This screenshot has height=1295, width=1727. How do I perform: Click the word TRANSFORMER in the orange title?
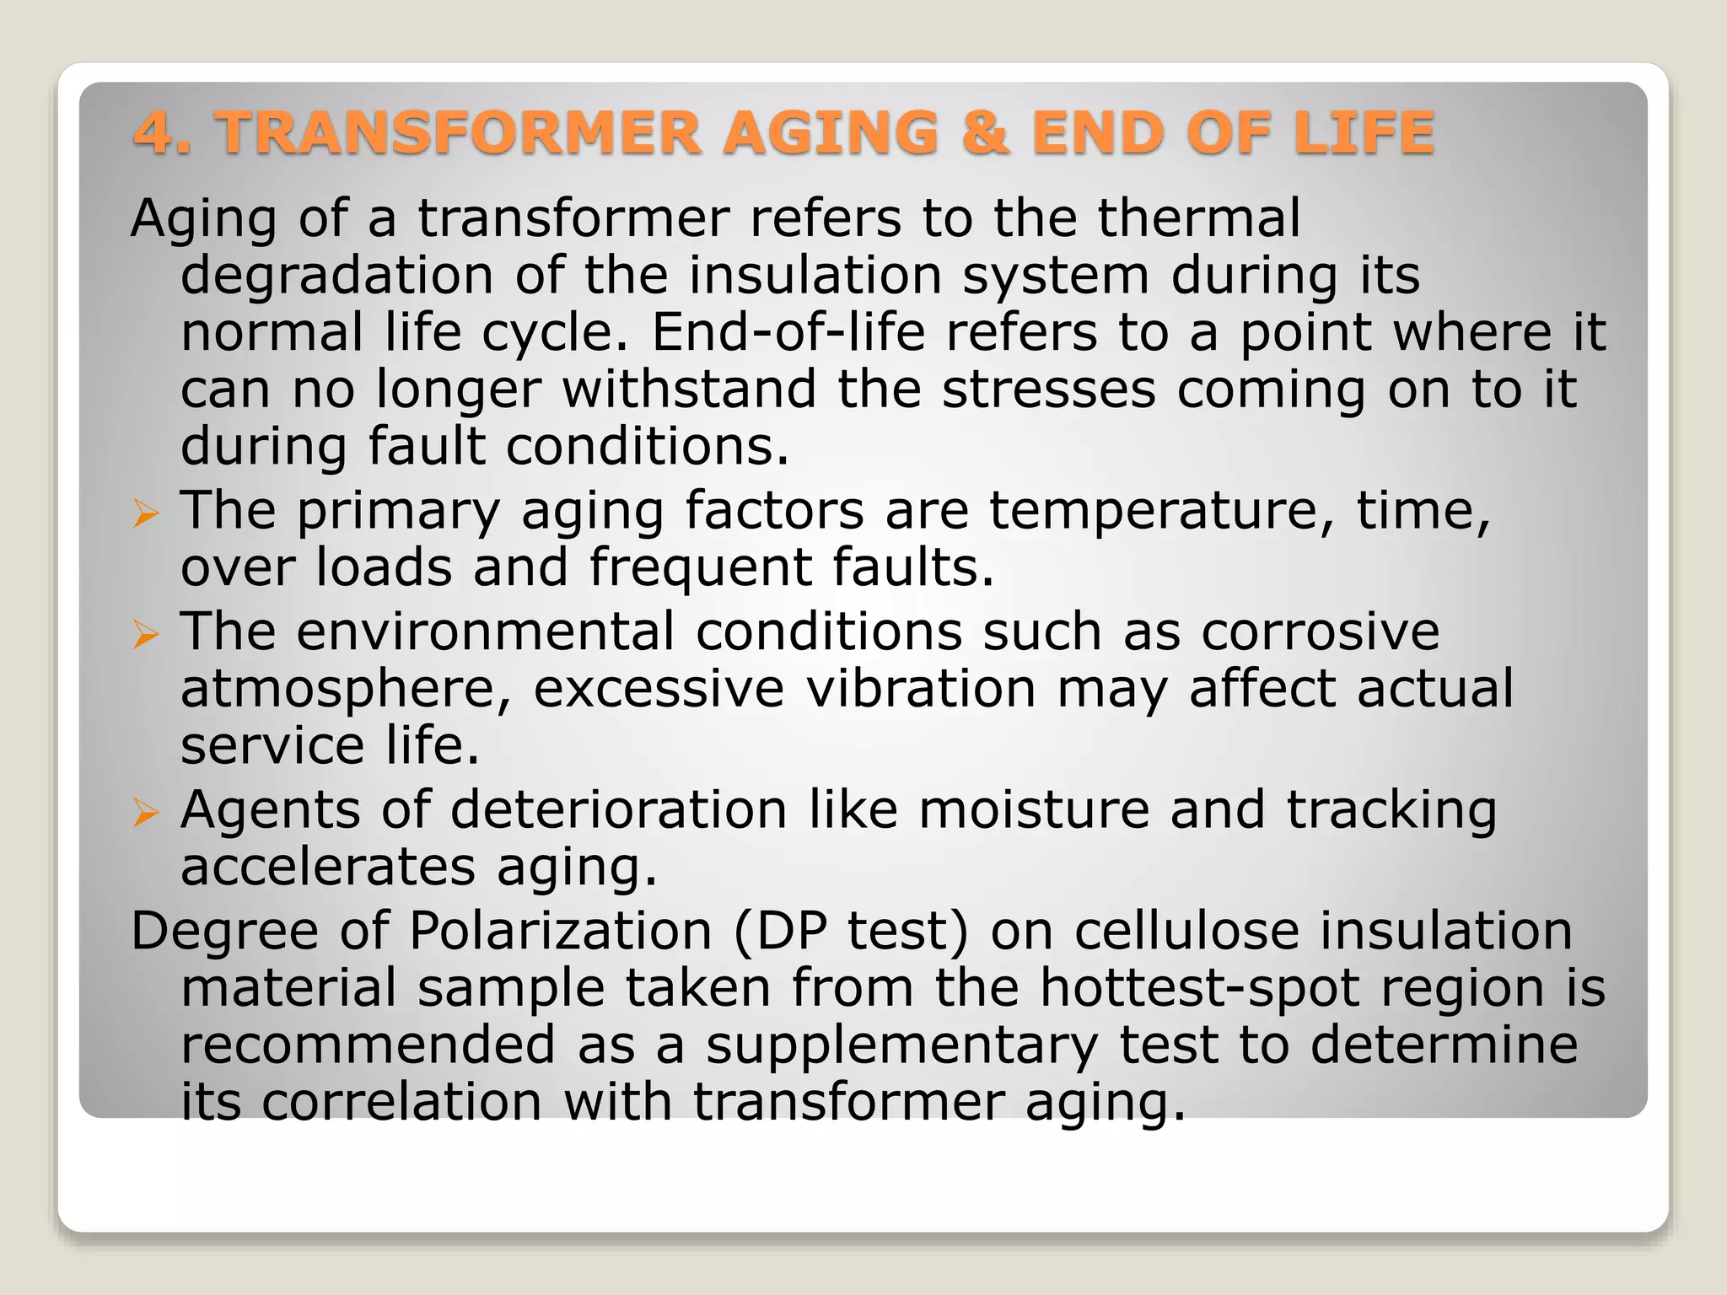click(x=459, y=133)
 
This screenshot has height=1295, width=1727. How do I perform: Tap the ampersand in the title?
click(x=984, y=133)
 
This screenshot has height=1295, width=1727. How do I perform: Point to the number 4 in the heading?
click(x=153, y=133)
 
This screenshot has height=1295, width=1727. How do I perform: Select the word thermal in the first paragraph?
click(x=1198, y=218)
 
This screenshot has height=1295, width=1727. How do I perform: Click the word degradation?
click(x=336, y=276)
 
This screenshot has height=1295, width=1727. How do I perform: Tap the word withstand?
click(x=689, y=389)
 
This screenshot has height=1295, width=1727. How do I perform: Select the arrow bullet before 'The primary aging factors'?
click(x=146, y=513)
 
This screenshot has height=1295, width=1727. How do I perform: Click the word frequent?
click(x=700, y=567)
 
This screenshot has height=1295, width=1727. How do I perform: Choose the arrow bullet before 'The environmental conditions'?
click(x=146, y=634)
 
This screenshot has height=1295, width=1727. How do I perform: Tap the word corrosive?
click(x=1320, y=631)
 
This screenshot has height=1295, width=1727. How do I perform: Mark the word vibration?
click(x=920, y=688)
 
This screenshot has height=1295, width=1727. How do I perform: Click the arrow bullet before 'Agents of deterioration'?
click(x=146, y=813)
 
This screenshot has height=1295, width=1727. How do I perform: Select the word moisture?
click(x=1034, y=809)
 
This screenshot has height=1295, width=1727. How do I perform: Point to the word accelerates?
click(x=328, y=867)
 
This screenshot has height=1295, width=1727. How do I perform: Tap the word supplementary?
click(x=901, y=1045)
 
